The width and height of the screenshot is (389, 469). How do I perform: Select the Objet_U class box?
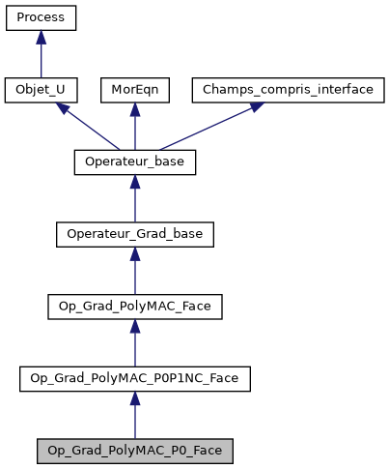pyautogui.click(x=41, y=90)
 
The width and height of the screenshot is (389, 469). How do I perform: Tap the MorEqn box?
pyautogui.click(x=135, y=90)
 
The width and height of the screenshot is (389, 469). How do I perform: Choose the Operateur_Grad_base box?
pyautogui.click(x=135, y=234)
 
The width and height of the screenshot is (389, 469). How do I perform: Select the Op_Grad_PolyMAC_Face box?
pyautogui.click(x=135, y=307)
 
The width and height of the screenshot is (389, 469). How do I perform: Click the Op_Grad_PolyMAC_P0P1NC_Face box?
pyautogui.click(x=135, y=378)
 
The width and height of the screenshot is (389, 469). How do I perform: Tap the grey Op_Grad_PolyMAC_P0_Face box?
pyautogui.click(x=135, y=451)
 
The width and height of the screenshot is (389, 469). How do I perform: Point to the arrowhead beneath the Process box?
pyautogui.click(x=41, y=37)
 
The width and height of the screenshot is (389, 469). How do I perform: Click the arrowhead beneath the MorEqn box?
pyautogui.click(x=135, y=108)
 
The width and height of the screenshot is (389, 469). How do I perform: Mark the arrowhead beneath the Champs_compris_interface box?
pyautogui.click(x=255, y=107)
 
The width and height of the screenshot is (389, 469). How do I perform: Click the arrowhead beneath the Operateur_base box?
pyautogui.click(x=135, y=181)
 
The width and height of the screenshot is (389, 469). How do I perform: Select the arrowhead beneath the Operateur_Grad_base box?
pyautogui.click(x=135, y=252)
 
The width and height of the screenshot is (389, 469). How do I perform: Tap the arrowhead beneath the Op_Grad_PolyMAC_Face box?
pyautogui.click(x=135, y=325)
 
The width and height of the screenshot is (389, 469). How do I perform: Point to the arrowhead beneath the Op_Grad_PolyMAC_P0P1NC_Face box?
pyautogui.click(x=135, y=397)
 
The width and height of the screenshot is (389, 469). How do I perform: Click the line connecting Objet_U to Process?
pyautogui.click(x=41, y=60)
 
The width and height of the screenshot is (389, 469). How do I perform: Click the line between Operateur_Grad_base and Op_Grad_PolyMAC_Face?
pyautogui.click(x=135, y=276)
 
